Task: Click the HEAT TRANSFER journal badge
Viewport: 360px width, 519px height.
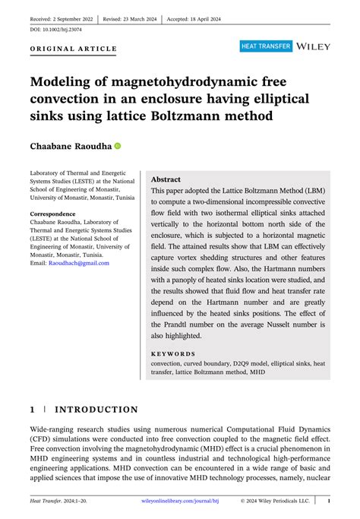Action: pyautogui.click(x=266, y=46)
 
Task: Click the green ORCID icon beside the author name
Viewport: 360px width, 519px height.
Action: pyautogui.click(x=118, y=145)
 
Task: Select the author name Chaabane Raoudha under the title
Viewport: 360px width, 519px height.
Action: pyautogui.click(x=70, y=145)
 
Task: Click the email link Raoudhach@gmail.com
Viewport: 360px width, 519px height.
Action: pyautogui.click(x=80, y=263)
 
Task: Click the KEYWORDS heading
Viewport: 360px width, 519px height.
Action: pyautogui.click(x=173, y=353)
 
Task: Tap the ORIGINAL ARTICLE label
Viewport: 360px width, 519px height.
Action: pyautogui.click(x=74, y=49)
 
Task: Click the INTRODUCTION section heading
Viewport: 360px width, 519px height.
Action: pyautogui.click(x=95, y=410)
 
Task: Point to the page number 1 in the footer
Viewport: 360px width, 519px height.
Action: pyautogui.click(x=328, y=502)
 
